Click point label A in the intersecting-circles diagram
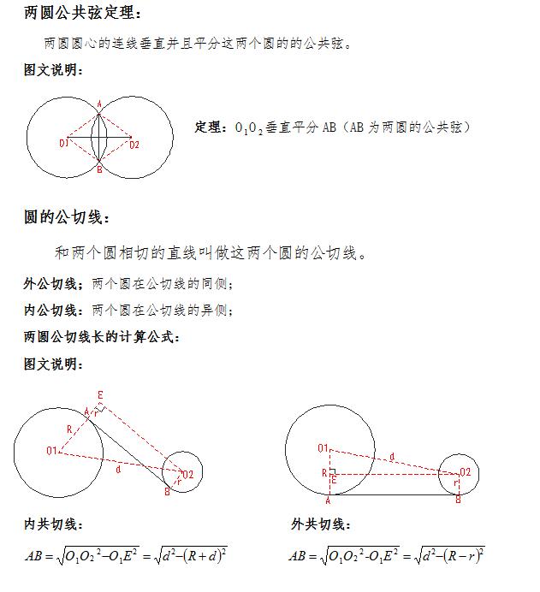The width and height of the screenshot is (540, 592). (99, 104)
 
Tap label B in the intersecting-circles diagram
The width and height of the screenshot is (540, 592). (99, 170)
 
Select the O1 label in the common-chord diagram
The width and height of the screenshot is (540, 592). (64, 144)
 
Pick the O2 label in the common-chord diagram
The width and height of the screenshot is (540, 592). (134, 144)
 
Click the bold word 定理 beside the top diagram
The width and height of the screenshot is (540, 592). (208, 127)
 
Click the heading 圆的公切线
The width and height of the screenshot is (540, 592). (67, 218)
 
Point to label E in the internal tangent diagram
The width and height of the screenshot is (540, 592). (100, 394)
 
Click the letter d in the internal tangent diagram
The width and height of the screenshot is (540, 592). (117, 469)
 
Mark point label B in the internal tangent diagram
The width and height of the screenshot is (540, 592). (167, 491)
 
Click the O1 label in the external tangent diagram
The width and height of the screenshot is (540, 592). (323, 447)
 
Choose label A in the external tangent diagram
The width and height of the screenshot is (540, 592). (328, 500)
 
